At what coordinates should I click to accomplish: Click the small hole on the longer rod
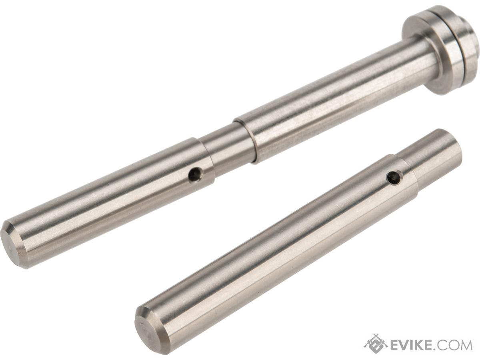(x=195, y=174)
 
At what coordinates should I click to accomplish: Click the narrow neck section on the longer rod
(x=228, y=145)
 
